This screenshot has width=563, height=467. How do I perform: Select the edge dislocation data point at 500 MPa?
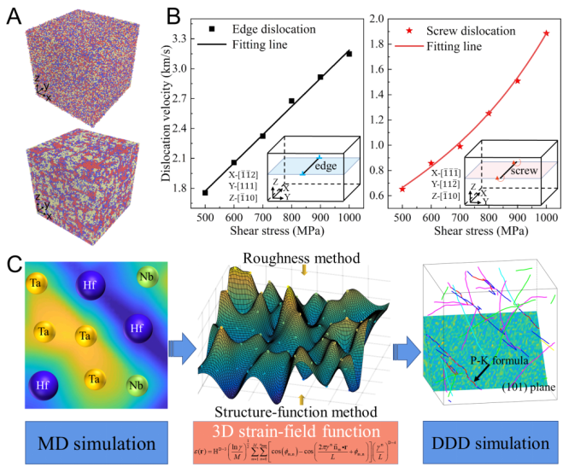click(x=205, y=192)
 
